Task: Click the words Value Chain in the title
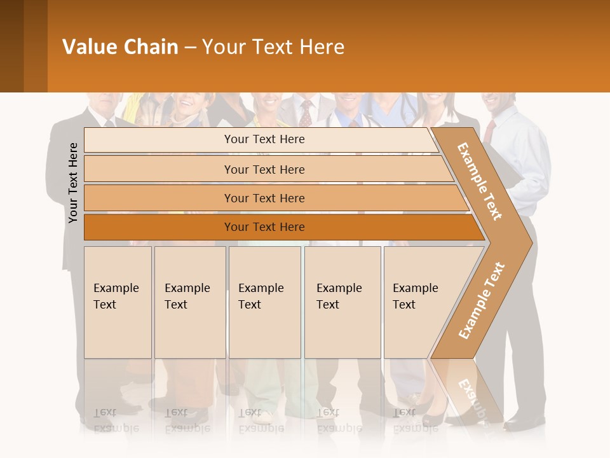click(x=120, y=47)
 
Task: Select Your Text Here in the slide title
click(x=273, y=47)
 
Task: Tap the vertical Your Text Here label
click(x=73, y=183)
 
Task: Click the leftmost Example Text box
click(x=118, y=302)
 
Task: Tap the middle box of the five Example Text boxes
click(x=264, y=302)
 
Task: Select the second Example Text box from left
click(x=190, y=302)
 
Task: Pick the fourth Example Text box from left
click(x=342, y=302)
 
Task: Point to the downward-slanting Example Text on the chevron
click(x=480, y=181)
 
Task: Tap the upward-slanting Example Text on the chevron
click(x=482, y=300)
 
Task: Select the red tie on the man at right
click(x=489, y=131)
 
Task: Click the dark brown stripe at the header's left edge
click(x=11, y=46)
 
